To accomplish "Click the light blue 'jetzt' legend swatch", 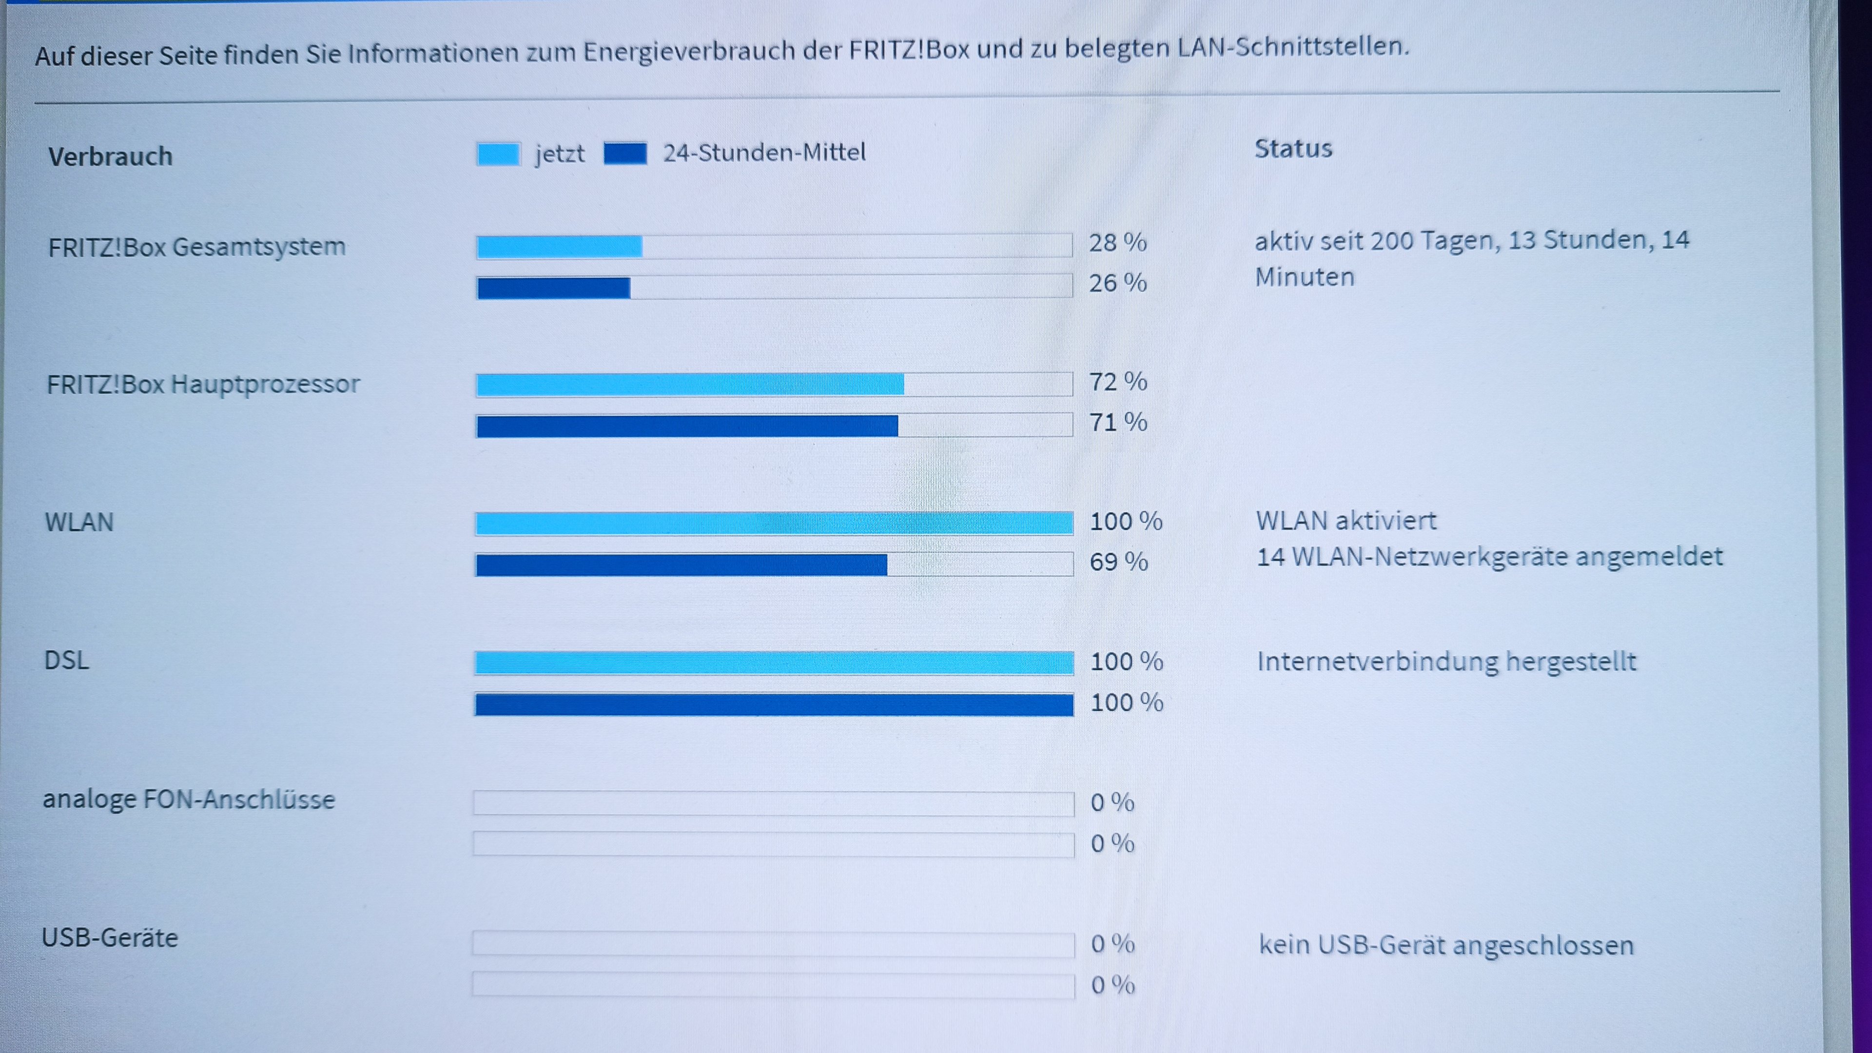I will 499,154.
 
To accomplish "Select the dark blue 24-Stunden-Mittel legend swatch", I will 625,154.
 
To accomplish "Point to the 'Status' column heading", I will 1293,149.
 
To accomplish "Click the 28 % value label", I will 1117,243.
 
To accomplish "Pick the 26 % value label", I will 1117,283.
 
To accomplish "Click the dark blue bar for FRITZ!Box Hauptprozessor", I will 687,426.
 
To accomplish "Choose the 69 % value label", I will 1118,562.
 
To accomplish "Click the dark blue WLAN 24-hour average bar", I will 681,565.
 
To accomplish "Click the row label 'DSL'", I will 67,661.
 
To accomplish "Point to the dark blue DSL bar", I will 774,704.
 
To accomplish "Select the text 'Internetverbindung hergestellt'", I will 1446,662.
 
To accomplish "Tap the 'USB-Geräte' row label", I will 110,938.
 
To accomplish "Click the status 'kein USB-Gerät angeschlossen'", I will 1446,945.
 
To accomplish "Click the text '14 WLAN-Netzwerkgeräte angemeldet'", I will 1490,557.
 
